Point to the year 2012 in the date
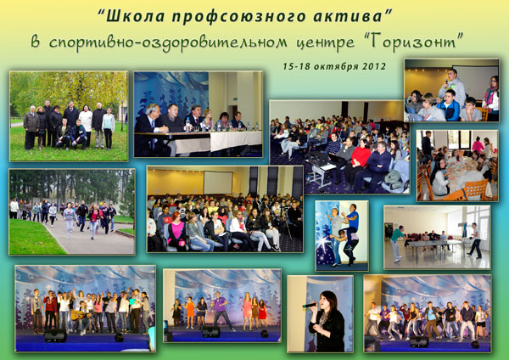point(374,66)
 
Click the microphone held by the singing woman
point(310,305)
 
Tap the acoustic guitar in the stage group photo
point(80,315)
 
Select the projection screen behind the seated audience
point(218,183)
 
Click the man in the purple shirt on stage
point(221,310)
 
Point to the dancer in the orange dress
point(190,312)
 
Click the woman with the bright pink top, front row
point(177,232)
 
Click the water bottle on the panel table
point(188,125)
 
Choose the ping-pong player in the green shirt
point(396,244)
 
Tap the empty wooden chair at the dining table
point(476,189)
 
